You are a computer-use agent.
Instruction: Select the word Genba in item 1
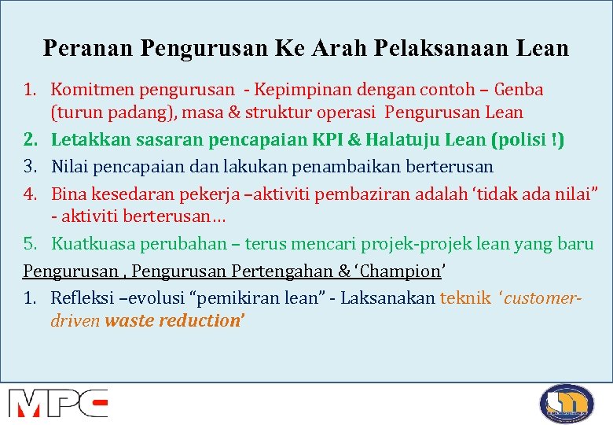tap(519, 90)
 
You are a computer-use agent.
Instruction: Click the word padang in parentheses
tap(144, 113)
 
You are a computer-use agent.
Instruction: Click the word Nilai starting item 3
tap(72, 167)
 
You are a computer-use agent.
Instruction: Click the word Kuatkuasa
tap(94, 244)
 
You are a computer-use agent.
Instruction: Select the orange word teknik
tap(465, 298)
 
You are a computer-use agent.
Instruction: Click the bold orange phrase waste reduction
tap(174, 321)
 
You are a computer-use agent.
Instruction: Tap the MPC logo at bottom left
tap(57, 402)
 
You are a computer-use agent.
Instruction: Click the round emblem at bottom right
tap(566, 403)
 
